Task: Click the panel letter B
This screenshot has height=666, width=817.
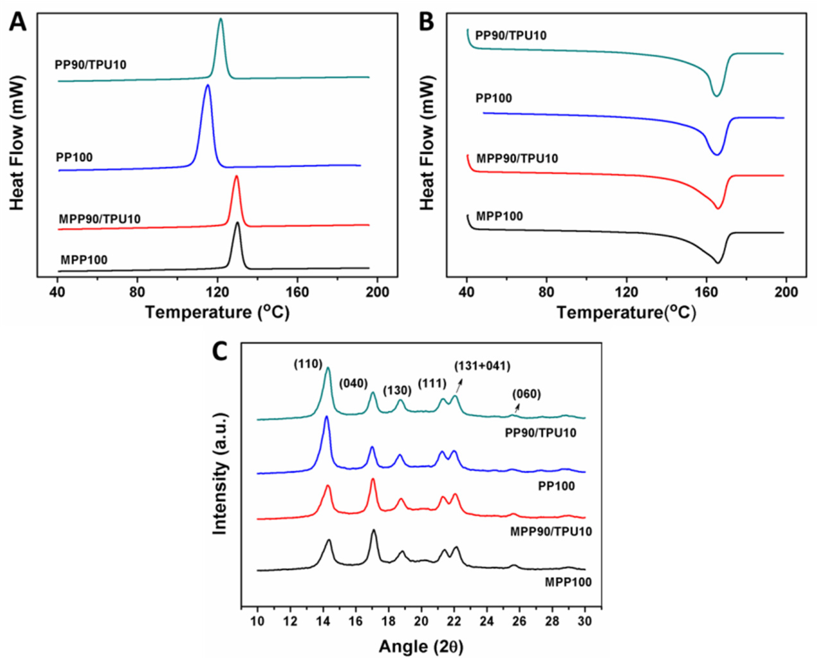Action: point(426,22)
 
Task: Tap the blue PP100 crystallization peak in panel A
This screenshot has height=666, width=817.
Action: point(207,86)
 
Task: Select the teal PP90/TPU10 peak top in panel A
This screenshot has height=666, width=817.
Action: point(220,19)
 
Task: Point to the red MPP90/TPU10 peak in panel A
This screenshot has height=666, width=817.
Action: point(236,177)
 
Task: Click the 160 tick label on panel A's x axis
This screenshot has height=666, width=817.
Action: point(297,292)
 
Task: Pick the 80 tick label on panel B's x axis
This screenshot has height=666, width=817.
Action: point(546,292)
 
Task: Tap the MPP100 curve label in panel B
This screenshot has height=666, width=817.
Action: point(499,216)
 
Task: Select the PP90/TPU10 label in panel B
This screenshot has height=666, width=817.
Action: point(511,36)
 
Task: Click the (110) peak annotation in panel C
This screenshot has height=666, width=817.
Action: point(308,364)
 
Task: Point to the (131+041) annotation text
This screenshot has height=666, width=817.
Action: point(482,366)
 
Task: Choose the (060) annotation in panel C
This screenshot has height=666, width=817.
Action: point(526,394)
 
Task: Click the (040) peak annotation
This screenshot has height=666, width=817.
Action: point(353,383)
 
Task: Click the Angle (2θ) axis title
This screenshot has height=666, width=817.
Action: point(421,647)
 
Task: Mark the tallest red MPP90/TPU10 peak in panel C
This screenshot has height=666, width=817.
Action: point(373,480)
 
